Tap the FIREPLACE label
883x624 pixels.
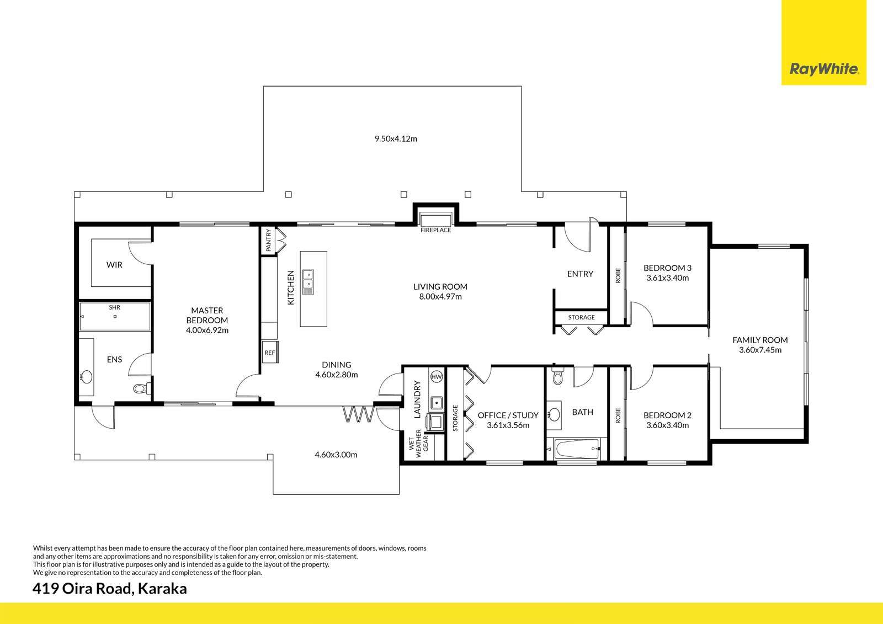tap(435, 230)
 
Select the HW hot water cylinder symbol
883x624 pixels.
tap(437, 377)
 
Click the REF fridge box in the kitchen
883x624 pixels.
tap(270, 353)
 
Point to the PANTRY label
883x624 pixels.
tap(269, 241)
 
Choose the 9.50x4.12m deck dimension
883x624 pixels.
tap(396, 138)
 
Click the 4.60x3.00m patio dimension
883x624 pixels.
tap(336, 455)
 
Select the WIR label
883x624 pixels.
tap(114, 265)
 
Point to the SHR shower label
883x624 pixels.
tap(115, 307)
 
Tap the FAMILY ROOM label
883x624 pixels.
tap(760, 340)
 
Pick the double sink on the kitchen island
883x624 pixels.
tap(308, 281)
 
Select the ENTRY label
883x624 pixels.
tap(580, 274)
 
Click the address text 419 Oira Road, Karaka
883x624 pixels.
tap(110, 589)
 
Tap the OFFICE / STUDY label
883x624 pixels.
tap(508, 415)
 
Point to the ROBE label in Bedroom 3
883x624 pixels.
tap(618, 275)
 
